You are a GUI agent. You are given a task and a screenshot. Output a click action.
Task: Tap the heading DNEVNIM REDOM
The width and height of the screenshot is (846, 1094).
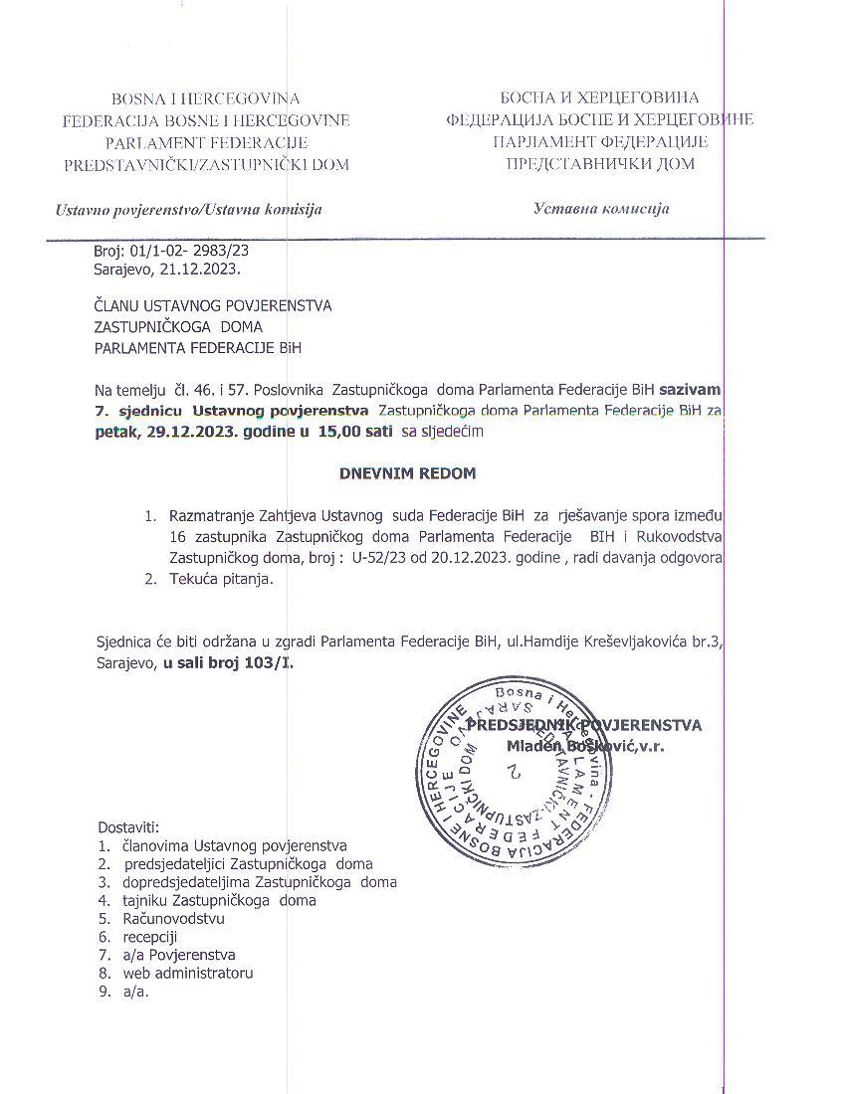[407, 473]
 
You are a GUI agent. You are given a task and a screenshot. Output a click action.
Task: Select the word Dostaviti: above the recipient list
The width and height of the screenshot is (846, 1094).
[128, 826]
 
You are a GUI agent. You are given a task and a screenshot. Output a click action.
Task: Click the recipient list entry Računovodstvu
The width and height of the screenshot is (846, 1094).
[173, 918]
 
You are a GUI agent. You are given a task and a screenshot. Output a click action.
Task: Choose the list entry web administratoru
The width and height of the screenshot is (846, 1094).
[188, 973]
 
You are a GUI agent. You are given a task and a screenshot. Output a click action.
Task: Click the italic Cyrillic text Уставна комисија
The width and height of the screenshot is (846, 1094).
[601, 209]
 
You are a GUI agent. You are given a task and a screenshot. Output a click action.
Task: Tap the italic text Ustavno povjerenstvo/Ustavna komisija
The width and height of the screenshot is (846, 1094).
[189, 210]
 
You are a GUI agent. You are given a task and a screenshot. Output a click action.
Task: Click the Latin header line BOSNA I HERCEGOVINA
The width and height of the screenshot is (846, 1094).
[206, 98]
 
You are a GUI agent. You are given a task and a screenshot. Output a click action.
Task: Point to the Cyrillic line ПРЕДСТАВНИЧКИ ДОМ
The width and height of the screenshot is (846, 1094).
[601, 164]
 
